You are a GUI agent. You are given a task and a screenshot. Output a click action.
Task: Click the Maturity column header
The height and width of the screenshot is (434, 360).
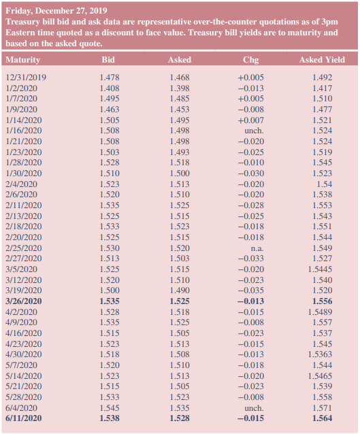(x=22, y=60)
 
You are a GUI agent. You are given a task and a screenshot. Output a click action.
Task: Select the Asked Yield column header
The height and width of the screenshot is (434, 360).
(x=322, y=60)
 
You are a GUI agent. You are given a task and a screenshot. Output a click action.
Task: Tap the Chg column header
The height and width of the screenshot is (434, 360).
(x=250, y=60)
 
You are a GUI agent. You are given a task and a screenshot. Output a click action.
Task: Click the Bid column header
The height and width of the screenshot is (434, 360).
(x=108, y=60)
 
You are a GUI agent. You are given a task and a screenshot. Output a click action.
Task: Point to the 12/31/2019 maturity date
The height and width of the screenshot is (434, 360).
(x=26, y=78)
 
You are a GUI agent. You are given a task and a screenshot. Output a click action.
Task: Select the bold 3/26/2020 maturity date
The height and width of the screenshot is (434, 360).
(x=23, y=301)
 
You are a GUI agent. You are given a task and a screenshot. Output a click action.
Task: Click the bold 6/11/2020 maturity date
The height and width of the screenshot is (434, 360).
(x=23, y=418)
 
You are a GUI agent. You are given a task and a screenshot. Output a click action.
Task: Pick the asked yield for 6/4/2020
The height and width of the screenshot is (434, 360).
(x=322, y=407)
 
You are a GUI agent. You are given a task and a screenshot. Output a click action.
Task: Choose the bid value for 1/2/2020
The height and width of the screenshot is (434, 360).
(x=110, y=88)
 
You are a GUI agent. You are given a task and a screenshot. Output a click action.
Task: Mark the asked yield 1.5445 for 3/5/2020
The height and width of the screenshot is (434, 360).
(x=321, y=269)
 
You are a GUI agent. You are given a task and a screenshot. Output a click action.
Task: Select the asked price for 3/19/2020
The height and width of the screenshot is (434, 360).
(x=180, y=290)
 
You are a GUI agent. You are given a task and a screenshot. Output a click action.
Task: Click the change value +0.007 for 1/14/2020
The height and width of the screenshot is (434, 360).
(x=250, y=120)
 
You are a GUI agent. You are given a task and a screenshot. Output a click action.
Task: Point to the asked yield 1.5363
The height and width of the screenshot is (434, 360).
(x=321, y=354)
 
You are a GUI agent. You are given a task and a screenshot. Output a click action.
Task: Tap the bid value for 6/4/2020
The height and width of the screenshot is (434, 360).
(x=110, y=407)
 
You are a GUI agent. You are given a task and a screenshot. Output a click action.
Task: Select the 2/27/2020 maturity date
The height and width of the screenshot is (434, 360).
(x=23, y=258)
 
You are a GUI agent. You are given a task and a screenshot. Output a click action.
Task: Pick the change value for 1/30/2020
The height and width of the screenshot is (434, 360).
(x=250, y=173)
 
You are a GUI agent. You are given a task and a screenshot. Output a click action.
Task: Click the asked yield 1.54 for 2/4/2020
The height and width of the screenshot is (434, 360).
(x=324, y=184)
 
